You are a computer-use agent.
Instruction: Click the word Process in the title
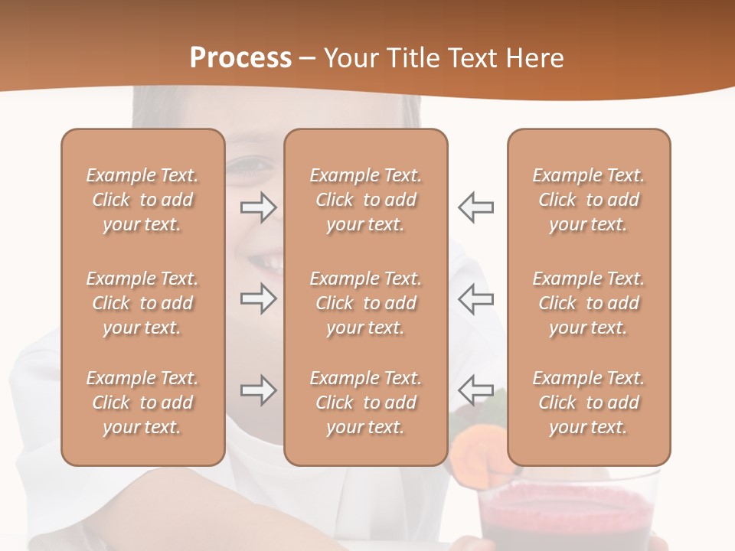[x=240, y=58]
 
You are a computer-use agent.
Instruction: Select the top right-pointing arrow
[x=258, y=207]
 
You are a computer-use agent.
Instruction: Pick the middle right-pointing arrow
[x=258, y=299]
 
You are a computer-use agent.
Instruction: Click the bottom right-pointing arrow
[x=258, y=391]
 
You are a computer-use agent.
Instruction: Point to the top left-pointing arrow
[x=475, y=207]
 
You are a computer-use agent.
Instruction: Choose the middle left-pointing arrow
[x=475, y=299]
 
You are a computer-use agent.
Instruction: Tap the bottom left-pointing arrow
[x=475, y=391]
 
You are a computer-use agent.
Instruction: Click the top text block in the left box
[x=142, y=200]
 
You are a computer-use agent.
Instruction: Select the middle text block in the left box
[x=142, y=303]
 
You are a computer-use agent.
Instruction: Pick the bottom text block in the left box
[x=142, y=403]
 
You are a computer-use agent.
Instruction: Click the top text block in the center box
[x=365, y=200]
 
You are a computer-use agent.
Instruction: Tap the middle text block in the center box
[x=365, y=303]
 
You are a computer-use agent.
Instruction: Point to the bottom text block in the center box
[x=365, y=403]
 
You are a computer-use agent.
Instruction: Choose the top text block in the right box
[x=588, y=200]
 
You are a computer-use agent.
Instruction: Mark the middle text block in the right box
[x=588, y=303]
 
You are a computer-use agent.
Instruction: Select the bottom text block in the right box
[x=588, y=403]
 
